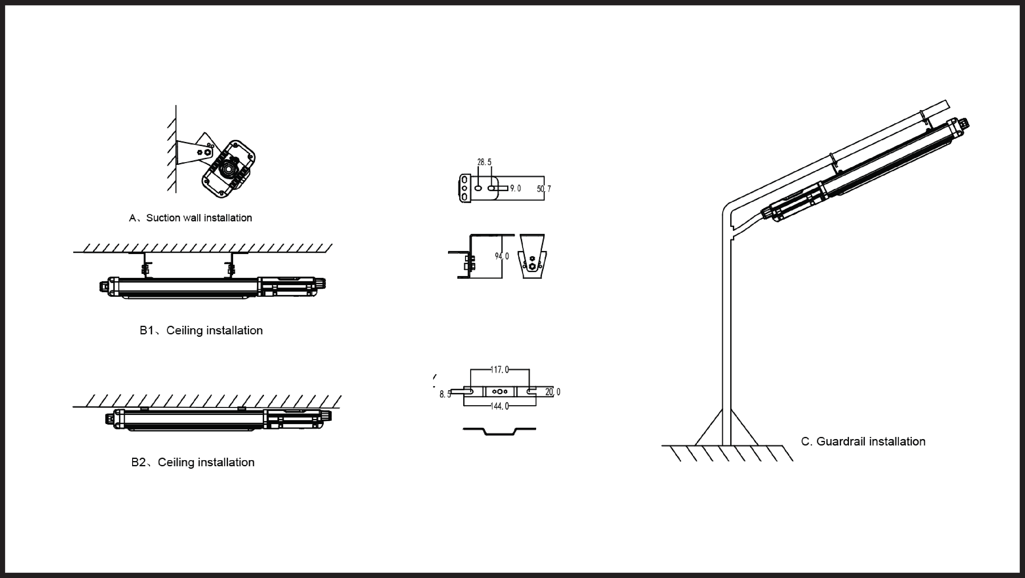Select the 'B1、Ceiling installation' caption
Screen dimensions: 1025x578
[x=201, y=330]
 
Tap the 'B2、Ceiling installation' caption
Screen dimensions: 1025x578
[x=193, y=462]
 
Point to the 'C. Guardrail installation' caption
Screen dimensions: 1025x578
[x=863, y=442]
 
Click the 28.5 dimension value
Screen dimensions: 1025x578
[x=484, y=162]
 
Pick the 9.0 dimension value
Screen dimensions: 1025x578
[x=515, y=188]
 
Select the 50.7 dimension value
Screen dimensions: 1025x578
[x=544, y=189]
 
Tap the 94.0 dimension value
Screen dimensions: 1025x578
[x=502, y=256]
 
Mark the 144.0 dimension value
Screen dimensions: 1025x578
[x=500, y=406]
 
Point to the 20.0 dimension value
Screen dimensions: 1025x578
[x=553, y=392]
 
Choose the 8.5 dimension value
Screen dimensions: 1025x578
[x=445, y=394]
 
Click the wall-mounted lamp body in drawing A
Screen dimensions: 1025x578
[x=228, y=169]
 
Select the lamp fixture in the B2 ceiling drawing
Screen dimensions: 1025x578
[x=218, y=420]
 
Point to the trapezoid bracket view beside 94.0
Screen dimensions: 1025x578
[x=532, y=256]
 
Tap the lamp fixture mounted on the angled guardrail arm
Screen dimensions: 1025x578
[x=864, y=169]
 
